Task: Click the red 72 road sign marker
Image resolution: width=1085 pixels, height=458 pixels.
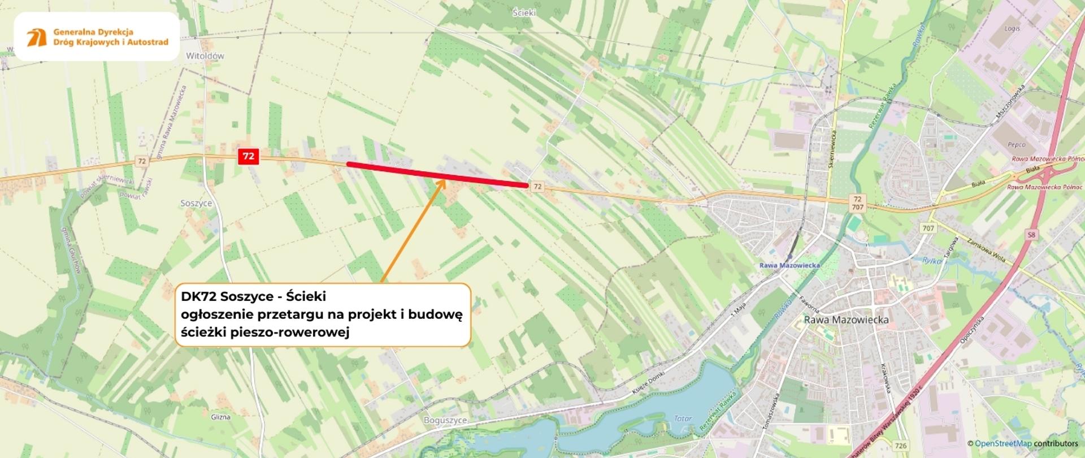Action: [248, 157]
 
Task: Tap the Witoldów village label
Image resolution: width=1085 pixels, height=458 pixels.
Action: [205, 56]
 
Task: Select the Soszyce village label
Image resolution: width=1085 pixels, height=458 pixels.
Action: [196, 203]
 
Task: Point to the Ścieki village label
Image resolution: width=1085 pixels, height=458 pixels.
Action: [524, 12]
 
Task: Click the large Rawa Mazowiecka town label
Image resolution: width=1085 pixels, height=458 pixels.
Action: [846, 320]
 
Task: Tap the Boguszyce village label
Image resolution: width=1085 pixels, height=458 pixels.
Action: [445, 421]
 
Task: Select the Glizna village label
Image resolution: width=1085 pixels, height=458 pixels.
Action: [220, 417]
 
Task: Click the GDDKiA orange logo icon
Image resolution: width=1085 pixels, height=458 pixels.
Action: [37, 37]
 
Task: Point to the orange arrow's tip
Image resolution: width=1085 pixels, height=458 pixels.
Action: [444, 180]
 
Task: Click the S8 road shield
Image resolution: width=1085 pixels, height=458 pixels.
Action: [1032, 235]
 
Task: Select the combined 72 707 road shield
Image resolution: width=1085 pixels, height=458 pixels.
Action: [857, 203]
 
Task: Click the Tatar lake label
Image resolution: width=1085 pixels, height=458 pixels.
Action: [683, 419]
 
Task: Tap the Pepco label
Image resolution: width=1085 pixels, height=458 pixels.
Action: [1016, 145]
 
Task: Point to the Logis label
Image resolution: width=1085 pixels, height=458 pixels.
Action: [1012, 28]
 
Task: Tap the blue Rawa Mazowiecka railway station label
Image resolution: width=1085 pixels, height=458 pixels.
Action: [789, 265]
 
